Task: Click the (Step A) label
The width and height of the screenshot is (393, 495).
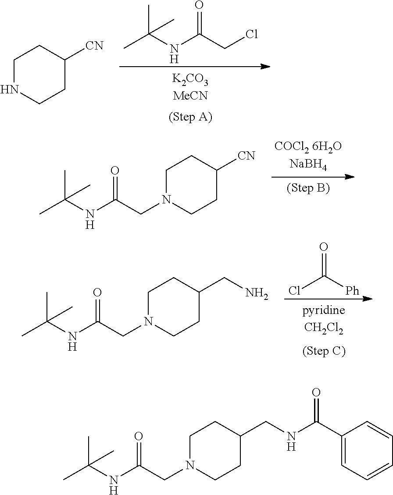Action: [x=190, y=118]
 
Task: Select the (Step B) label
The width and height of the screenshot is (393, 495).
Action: [x=308, y=188]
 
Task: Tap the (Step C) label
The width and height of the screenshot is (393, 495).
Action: [x=324, y=351]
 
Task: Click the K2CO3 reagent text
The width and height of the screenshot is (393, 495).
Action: [x=190, y=80]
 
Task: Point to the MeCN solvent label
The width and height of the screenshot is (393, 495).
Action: [x=190, y=96]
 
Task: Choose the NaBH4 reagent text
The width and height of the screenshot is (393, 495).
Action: [x=308, y=165]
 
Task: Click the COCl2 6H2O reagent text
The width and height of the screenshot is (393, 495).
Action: [x=308, y=146]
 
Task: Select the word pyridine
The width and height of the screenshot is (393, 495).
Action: [x=324, y=310]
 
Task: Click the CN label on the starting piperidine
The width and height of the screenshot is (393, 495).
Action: [x=94, y=46]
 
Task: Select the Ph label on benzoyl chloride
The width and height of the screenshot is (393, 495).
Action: [x=352, y=291]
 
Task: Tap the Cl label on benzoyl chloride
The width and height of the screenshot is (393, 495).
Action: [x=294, y=291]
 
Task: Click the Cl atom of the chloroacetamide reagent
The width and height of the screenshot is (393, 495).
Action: [x=251, y=35]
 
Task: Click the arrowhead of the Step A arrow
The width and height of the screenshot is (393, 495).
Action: [x=265, y=67]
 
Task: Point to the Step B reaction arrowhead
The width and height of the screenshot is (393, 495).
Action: [x=350, y=177]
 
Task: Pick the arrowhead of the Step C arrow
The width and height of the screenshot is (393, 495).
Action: [x=367, y=299]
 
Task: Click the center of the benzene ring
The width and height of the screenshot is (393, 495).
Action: [x=366, y=451]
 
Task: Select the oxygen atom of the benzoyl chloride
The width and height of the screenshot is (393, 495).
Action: [x=324, y=247]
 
